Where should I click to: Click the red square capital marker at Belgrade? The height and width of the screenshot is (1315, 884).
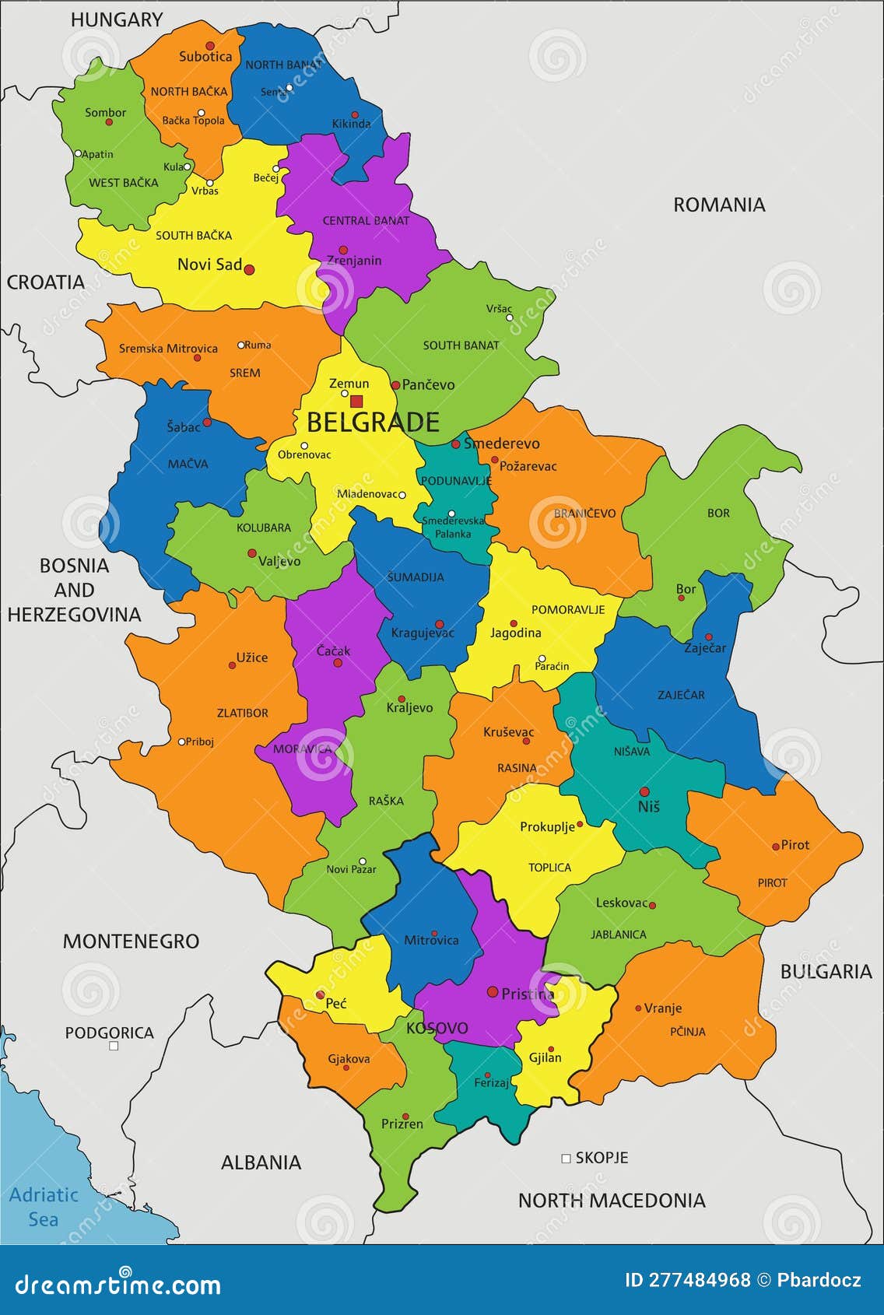tap(356, 402)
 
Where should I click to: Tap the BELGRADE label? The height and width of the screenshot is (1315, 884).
tap(373, 423)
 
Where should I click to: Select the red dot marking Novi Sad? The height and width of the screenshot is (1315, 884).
tap(249, 270)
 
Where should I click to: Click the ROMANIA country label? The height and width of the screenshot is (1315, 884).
tap(718, 205)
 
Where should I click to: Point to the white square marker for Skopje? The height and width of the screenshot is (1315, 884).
tap(566, 1159)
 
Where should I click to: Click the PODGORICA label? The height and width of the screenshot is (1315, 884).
tap(109, 1033)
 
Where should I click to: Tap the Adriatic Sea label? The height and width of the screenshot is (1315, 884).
tap(44, 1207)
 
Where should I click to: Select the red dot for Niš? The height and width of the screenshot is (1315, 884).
tap(644, 791)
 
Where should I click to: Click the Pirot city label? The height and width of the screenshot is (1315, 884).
tap(795, 845)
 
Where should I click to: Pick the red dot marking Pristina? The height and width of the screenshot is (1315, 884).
tap(492, 992)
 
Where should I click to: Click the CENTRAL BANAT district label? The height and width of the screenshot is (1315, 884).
tap(366, 221)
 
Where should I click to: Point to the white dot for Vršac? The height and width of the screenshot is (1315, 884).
tap(509, 317)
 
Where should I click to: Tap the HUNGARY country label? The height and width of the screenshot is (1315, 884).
tap(117, 20)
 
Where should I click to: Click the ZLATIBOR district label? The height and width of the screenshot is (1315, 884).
tap(242, 713)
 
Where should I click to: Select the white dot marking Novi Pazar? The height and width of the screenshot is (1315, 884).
tap(363, 861)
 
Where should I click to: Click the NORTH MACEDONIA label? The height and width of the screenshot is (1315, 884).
tap(612, 1201)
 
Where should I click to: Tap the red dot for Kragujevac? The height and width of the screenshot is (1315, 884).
tap(439, 624)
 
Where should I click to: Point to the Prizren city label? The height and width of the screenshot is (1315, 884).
tap(402, 1124)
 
